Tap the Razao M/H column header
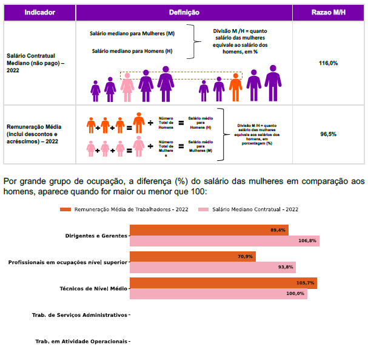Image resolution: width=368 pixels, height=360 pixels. pyautogui.click(x=328, y=12)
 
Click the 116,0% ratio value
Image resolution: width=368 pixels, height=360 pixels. pyautogui.click(x=328, y=63)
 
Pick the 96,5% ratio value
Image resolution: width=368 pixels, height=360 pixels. pyautogui.click(x=328, y=134)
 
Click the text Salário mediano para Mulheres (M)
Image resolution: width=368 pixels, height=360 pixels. pyautogui.click(x=132, y=33)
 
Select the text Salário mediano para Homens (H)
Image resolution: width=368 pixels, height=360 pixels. pyautogui.click(x=132, y=51)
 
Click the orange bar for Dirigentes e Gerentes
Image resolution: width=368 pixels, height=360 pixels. pyautogui.click(x=209, y=230)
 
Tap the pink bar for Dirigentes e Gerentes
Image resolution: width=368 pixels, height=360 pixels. pyautogui.click(x=224, y=240)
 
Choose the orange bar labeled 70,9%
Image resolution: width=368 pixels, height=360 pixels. pyautogui.click(x=193, y=256)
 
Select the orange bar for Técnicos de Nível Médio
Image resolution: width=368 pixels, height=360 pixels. pyautogui.click(x=223, y=283)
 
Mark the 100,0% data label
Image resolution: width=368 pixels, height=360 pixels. pyautogui.click(x=295, y=294)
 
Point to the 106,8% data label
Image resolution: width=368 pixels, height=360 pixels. pyautogui.click(x=308, y=241)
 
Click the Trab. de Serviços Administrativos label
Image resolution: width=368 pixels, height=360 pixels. pyautogui.click(x=79, y=315)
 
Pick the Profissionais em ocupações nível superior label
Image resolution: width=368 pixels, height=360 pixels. pyautogui.click(x=68, y=262)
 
